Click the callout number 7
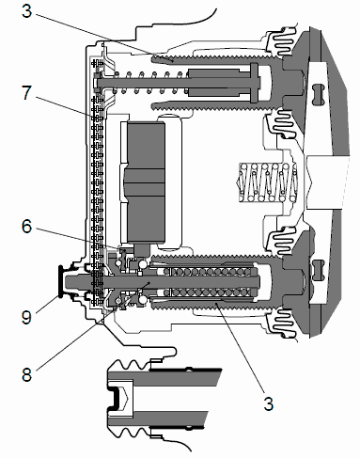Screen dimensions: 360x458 pos(27,93)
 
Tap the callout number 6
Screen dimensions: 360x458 pos(27,227)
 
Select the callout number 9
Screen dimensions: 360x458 pos(27,317)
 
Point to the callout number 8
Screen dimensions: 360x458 pos(27,374)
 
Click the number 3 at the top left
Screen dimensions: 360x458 pos(27,11)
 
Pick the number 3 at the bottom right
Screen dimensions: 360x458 pos(269,403)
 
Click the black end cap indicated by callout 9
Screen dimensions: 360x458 pos(60,281)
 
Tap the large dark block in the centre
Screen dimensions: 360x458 pos(146,182)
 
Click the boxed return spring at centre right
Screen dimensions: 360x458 pos(268,182)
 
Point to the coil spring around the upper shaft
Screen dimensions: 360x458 pos(148,83)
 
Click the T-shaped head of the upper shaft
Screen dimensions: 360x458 pos(255,82)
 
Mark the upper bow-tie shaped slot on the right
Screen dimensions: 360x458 pos(318,94)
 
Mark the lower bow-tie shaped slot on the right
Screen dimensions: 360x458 pos(318,270)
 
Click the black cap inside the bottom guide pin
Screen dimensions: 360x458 pos(115,398)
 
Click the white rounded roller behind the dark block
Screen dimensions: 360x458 pos(170,182)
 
